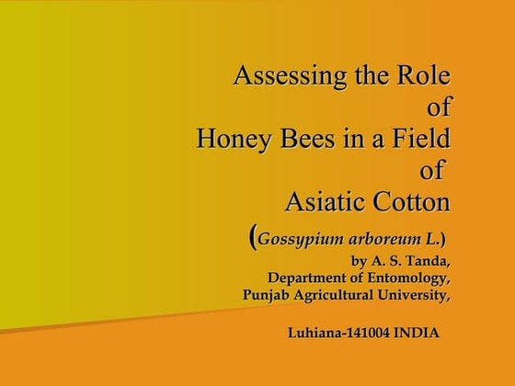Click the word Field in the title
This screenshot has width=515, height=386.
click(x=420, y=140)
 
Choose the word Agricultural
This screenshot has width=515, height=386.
click(x=338, y=295)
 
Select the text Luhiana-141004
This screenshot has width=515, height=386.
click(x=338, y=332)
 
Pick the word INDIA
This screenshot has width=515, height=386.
click(x=416, y=332)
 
